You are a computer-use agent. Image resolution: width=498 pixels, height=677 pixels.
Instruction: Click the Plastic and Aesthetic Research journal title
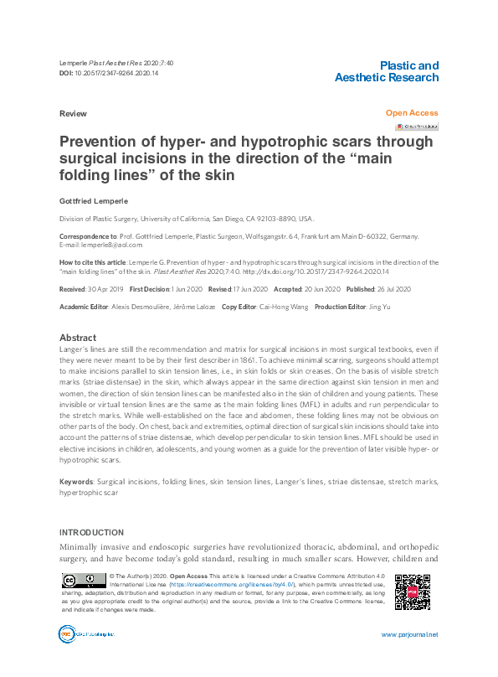[x=386, y=71]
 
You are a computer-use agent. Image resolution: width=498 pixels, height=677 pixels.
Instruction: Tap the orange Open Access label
[x=411, y=112]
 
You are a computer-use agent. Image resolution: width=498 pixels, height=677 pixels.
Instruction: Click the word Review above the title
[x=74, y=112]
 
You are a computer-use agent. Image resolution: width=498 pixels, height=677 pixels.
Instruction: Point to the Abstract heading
[x=78, y=338]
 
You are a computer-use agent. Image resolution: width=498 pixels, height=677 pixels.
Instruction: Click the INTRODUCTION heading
[x=92, y=533]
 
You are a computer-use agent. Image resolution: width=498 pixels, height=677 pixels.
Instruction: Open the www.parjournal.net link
[x=409, y=634]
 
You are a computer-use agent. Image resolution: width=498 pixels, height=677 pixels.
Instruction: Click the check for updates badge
[x=417, y=127]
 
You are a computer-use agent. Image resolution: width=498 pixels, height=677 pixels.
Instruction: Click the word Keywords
[x=76, y=483]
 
